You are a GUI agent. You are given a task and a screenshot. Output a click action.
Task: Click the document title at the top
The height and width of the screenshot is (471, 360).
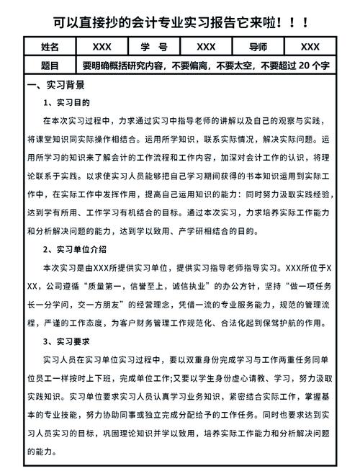180,22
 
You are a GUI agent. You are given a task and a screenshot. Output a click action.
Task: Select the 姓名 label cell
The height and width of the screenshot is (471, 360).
50,48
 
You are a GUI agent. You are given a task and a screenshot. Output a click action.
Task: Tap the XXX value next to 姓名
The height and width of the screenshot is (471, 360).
102,48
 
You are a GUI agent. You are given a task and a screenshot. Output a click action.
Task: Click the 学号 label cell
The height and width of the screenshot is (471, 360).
154,48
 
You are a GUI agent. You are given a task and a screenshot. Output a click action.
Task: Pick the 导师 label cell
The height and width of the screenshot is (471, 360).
258,48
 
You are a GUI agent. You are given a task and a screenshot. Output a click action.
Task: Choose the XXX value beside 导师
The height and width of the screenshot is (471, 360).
310,48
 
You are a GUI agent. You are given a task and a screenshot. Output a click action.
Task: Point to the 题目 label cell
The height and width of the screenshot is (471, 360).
50,66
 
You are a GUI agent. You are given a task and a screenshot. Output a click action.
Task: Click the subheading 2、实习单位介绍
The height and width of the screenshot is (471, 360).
75,249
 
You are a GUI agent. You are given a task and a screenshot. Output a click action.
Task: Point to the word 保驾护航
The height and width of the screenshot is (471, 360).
291,322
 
